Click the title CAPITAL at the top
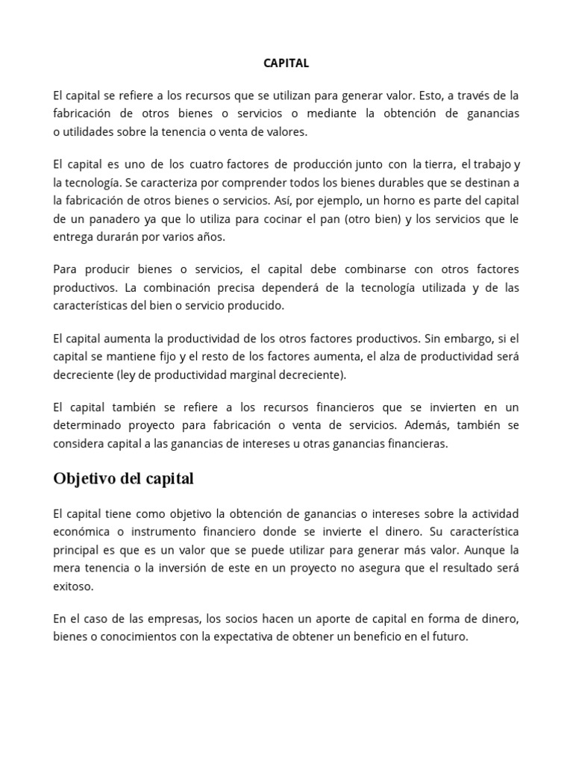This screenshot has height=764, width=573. [x=286, y=63]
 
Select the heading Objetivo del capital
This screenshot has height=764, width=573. [x=123, y=479]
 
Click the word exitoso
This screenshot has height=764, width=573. [x=74, y=586]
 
